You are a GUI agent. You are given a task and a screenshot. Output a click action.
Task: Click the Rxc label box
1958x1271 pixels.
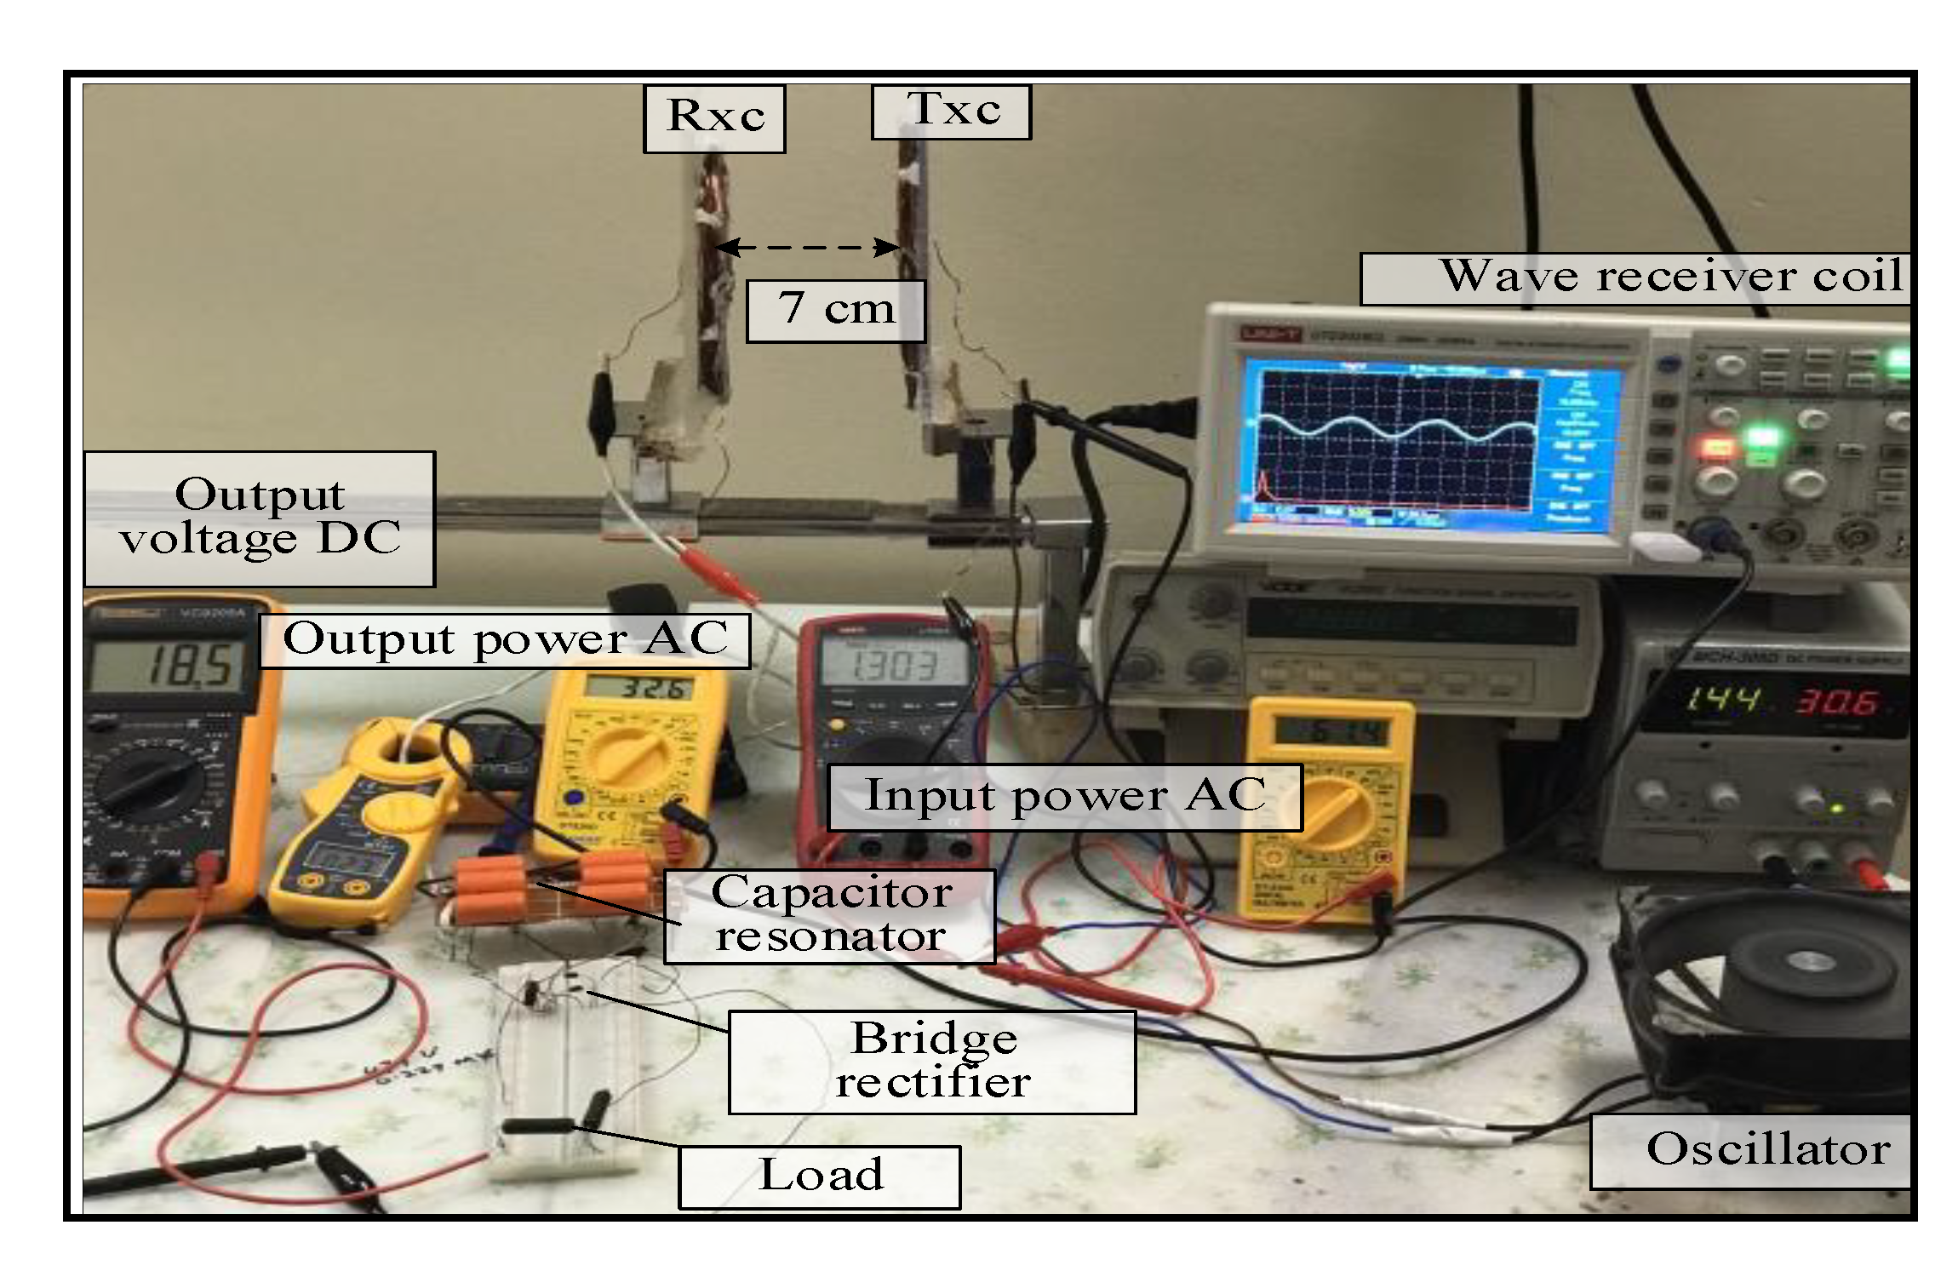tap(713, 118)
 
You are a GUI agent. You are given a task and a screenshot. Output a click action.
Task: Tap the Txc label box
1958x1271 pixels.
tap(951, 112)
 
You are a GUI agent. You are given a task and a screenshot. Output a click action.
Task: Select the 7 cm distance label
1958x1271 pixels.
tap(835, 311)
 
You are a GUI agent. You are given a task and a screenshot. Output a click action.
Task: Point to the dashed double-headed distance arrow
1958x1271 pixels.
tap(807, 248)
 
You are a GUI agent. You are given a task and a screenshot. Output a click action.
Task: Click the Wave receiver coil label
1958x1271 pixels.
tap(1635, 278)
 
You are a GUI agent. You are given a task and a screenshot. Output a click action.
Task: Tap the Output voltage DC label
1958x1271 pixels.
tap(260, 518)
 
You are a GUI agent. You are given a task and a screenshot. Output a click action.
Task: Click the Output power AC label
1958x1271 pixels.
tap(505, 640)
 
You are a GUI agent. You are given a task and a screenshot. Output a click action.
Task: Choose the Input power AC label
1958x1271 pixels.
tap(1064, 797)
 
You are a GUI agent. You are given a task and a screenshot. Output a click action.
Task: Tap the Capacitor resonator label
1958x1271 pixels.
tap(829, 916)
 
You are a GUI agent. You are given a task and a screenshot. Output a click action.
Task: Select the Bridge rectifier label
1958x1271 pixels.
tap(932, 1062)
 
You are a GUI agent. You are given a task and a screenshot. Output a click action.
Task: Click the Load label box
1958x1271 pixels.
tap(819, 1177)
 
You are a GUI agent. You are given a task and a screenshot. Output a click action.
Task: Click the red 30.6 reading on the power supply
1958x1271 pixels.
tap(1835, 702)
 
